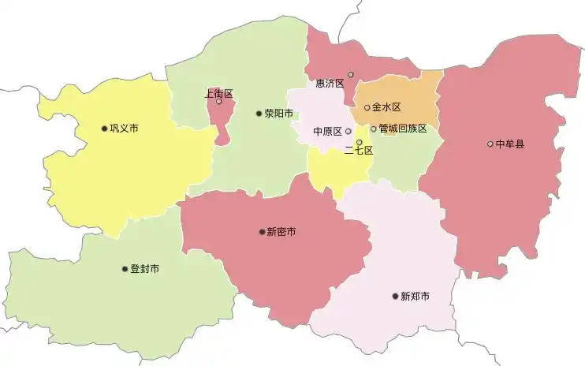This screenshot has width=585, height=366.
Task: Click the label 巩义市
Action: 124,129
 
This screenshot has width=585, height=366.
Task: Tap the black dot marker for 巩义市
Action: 104,129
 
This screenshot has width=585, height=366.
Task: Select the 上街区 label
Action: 218,93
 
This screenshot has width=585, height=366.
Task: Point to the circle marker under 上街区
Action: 219,102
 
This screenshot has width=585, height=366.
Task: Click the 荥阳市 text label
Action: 278,114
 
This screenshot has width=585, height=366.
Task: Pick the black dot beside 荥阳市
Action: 259,114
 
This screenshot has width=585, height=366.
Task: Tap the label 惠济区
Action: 330,83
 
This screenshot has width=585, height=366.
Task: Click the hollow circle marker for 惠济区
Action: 351,75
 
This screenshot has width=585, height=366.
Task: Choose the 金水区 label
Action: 387,107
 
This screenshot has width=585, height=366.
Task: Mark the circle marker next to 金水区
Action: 367,107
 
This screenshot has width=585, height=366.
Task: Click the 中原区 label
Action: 327,132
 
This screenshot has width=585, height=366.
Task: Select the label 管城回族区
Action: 403,129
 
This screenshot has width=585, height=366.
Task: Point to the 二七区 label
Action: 359,151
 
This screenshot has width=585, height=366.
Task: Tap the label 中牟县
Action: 509,144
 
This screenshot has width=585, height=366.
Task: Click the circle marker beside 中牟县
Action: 490,144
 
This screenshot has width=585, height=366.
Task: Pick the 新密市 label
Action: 281,232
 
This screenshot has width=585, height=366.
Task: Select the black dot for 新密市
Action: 262,232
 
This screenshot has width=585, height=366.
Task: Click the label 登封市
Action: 144,269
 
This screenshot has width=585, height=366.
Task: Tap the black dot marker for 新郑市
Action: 396,297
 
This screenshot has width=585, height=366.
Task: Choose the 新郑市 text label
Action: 415,297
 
